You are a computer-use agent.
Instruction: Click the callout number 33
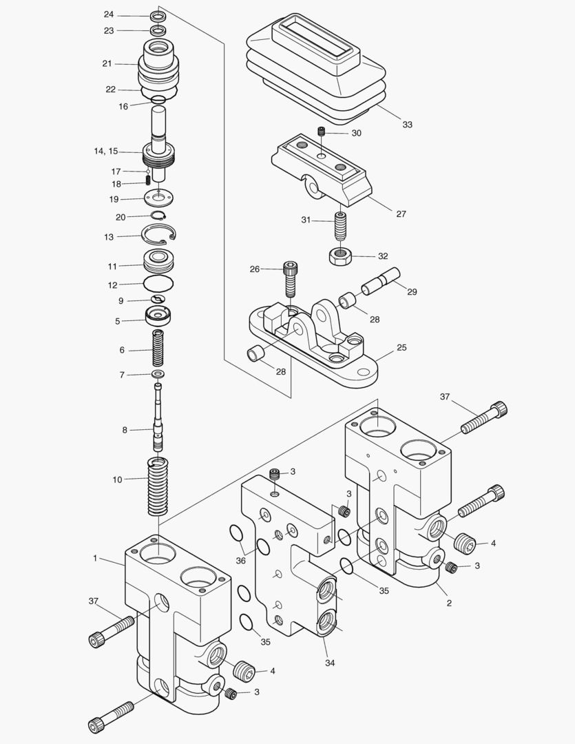pyautogui.click(x=408, y=125)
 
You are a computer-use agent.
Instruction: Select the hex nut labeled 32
pyautogui.click(x=339, y=256)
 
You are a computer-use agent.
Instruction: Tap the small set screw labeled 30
pyautogui.click(x=320, y=132)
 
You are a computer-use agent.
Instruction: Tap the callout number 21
pyautogui.click(x=107, y=63)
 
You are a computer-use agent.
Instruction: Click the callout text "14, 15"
pyautogui.click(x=106, y=150)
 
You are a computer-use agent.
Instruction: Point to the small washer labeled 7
pyautogui.click(x=159, y=374)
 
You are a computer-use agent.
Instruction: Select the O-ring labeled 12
pyautogui.click(x=158, y=283)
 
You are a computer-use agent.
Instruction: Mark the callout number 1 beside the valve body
pyautogui.click(x=95, y=558)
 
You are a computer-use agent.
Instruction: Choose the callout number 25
pyautogui.click(x=401, y=348)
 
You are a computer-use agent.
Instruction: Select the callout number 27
pyautogui.click(x=401, y=214)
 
